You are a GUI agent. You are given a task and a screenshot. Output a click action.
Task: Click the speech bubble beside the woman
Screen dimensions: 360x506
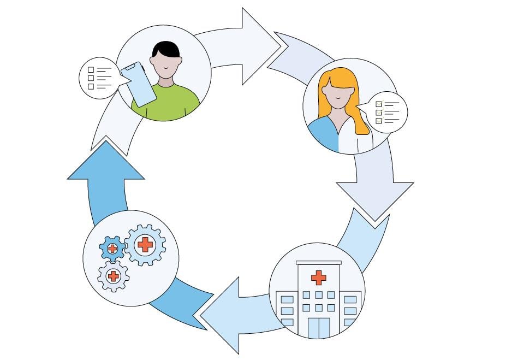(387, 111)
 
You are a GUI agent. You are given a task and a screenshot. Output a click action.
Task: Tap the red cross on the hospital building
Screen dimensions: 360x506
(318, 278)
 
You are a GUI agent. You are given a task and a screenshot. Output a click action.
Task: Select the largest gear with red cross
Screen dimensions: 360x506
(145, 245)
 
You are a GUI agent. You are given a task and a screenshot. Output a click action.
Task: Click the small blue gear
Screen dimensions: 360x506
(112, 249)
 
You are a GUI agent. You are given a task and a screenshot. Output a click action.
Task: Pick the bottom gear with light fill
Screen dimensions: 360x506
(114, 276)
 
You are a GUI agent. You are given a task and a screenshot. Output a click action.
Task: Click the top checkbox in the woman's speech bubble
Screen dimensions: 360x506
(378, 104)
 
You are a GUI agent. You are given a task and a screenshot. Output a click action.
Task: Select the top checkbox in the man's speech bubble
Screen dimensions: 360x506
(91, 70)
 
